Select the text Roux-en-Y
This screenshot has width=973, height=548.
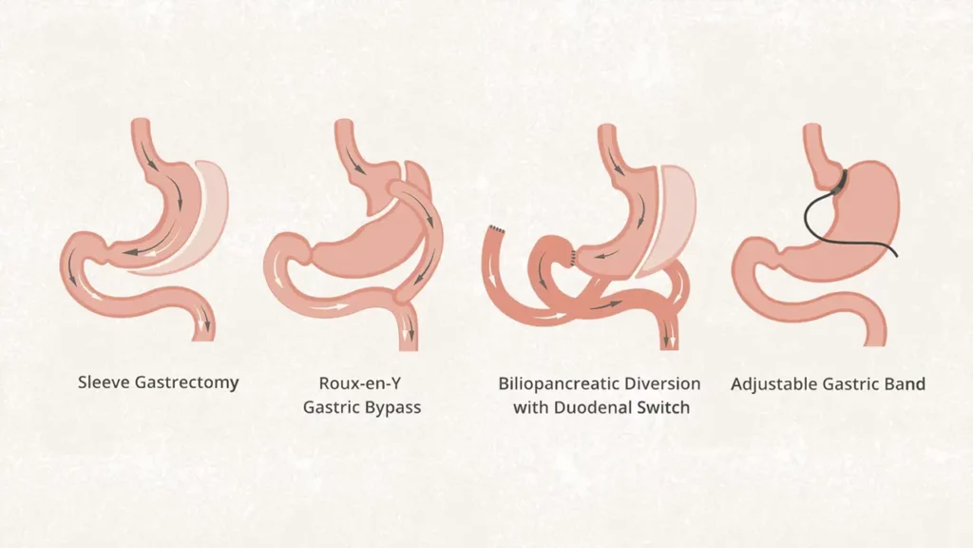[360, 382]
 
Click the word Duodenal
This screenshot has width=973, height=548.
[594, 408]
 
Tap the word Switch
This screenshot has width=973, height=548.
[664, 408]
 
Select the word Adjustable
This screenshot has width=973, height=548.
[770, 384]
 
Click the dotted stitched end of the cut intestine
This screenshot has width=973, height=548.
[496, 230]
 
